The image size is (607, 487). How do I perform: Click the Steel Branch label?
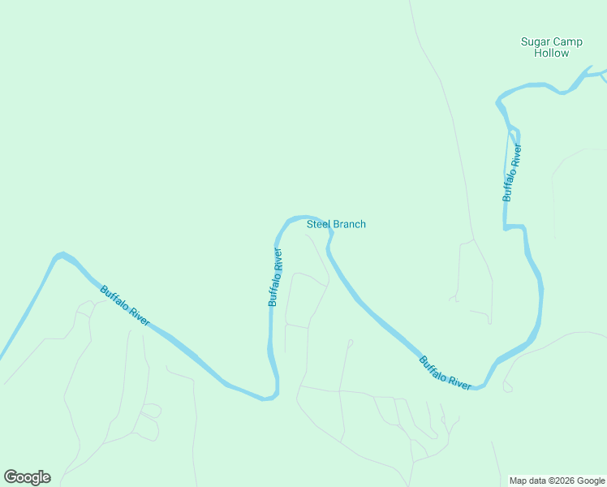[x=336, y=224]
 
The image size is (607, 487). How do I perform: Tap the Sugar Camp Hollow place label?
[x=551, y=47]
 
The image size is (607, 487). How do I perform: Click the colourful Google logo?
[x=27, y=477]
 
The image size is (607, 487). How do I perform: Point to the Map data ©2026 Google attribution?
[x=557, y=481]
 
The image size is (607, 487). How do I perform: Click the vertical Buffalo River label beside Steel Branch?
[x=276, y=276]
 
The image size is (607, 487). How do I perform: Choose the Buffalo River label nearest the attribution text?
[x=446, y=373]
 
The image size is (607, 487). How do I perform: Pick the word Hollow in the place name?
[x=552, y=53]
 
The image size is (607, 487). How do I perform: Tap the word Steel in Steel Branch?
[x=318, y=224]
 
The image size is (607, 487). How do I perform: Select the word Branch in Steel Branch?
[x=349, y=224]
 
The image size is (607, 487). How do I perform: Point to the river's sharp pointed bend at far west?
[x=58, y=256]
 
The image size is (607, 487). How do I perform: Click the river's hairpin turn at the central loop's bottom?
[x=269, y=397]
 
